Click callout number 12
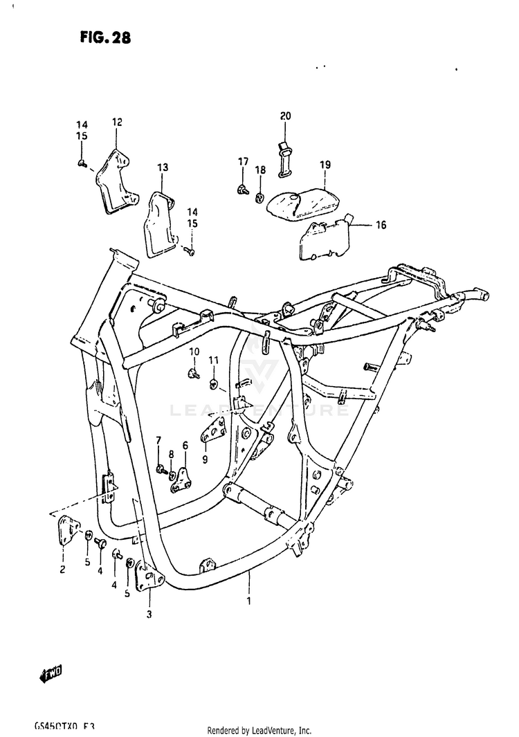click(x=116, y=122)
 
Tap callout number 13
click(x=163, y=167)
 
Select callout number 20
click(x=286, y=116)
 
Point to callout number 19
click(x=325, y=165)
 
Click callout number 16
click(x=381, y=225)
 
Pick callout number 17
click(x=242, y=161)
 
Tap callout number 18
click(x=259, y=170)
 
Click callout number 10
click(x=194, y=352)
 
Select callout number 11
click(x=213, y=360)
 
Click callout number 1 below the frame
click(x=249, y=601)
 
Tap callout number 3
click(x=148, y=613)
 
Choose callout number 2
click(x=62, y=570)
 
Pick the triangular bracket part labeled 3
click(x=148, y=576)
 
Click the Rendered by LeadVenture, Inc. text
click(x=259, y=730)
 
